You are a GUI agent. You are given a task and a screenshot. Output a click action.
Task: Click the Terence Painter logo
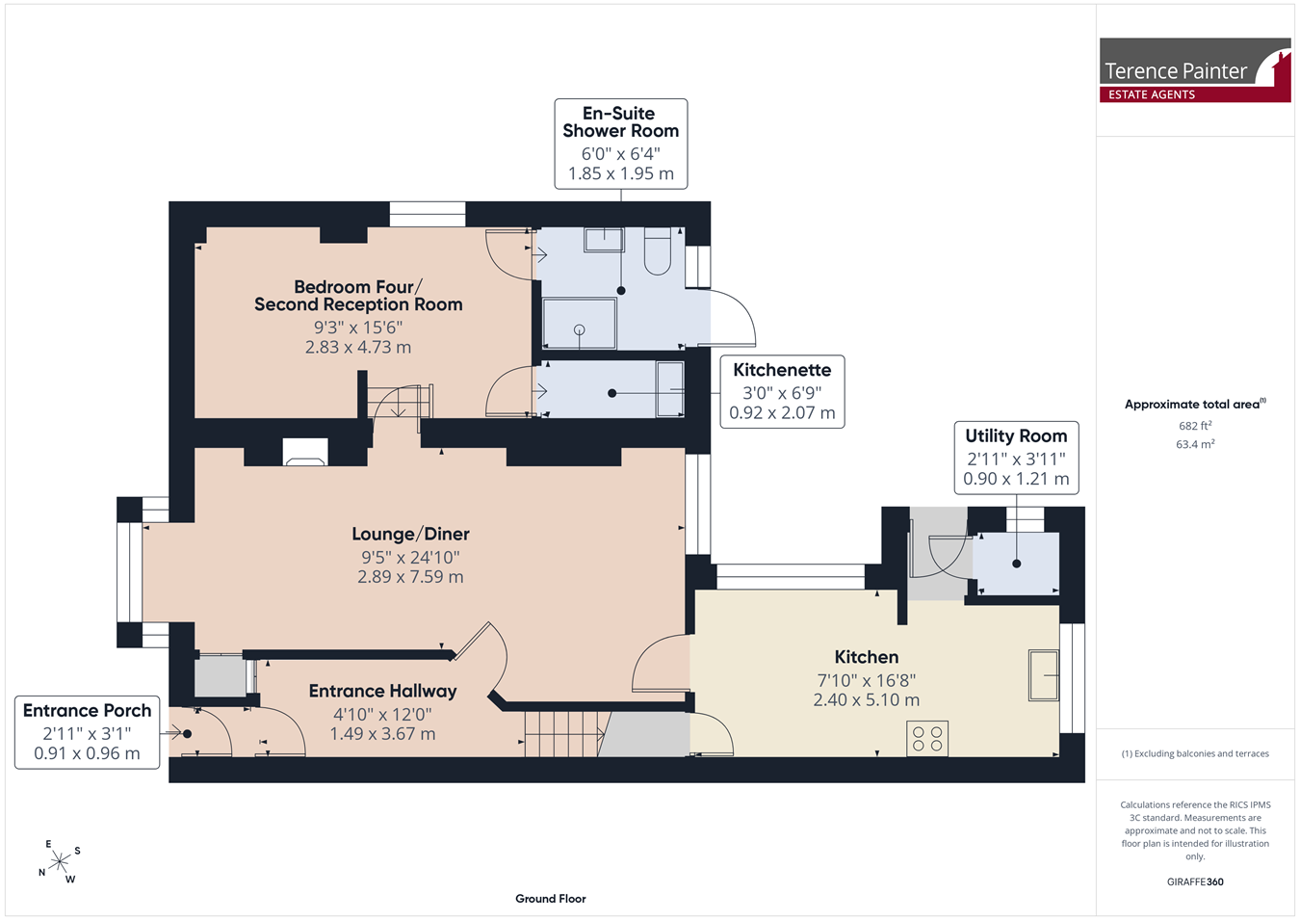[x=1195, y=70]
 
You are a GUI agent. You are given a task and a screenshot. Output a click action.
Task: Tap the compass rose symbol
[x=59, y=861]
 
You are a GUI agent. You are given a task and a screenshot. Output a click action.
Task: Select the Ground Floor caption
[x=550, y=899]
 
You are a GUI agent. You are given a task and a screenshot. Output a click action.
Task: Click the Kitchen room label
[x=866, y=656]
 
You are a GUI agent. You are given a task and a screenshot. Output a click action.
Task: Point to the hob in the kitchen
[x=926, y=738]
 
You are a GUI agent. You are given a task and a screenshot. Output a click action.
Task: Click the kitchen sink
[x=1044, y=675]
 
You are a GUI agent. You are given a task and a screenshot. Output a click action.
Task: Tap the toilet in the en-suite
[x=657, y=250]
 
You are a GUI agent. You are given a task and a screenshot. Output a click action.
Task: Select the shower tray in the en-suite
[x=579, y=324]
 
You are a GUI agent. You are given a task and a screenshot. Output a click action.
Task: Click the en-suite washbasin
[x=604, y=239]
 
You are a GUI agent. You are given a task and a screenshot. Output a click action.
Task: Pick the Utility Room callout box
[x=1016, y=458]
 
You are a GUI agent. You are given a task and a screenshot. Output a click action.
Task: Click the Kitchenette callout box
[x=782, y=392]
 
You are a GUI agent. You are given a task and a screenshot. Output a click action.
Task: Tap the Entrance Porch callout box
[x=87, y=732]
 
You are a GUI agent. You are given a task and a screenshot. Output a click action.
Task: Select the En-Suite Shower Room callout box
[x=620, y=144]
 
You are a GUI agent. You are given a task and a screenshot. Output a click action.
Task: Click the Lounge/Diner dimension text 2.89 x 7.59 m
[x=410, y=576]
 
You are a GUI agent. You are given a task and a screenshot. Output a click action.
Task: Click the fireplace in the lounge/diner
[x=305, y=452]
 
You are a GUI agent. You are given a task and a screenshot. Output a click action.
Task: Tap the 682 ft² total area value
[x=1195, y=426]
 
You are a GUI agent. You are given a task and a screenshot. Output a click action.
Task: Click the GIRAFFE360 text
[x=1195, y=881]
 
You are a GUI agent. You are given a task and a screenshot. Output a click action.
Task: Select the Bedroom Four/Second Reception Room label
[x=358, y=296]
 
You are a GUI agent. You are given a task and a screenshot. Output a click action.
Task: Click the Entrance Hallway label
[x=382, y=691]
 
